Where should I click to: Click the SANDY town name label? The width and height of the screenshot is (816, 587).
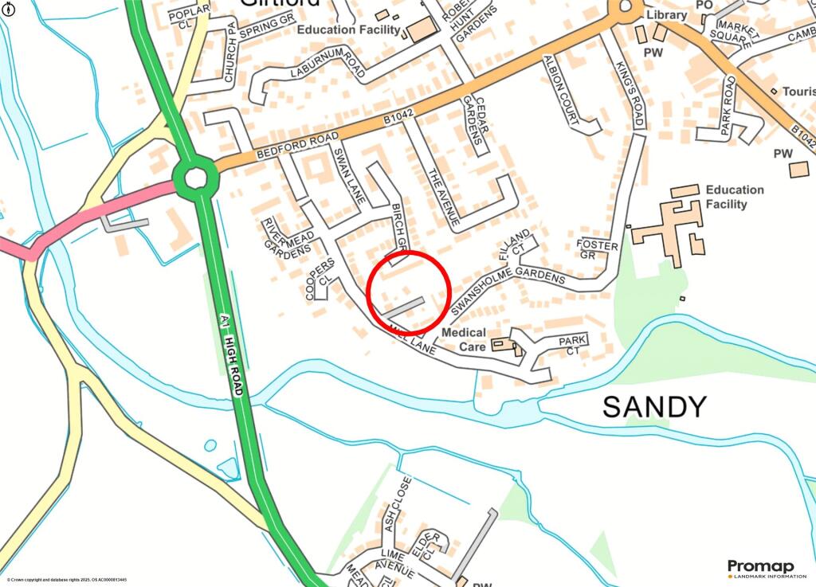point(654,407)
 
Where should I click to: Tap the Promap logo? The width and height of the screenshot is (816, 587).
point(760,568)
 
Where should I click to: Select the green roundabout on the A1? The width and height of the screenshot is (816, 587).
point(194,178)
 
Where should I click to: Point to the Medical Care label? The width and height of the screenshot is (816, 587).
point(463,339)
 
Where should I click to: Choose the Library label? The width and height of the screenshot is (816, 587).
point(666,15)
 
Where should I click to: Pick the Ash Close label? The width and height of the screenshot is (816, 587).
point(398,502)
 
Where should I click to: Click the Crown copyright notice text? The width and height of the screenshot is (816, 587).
point(67,580)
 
